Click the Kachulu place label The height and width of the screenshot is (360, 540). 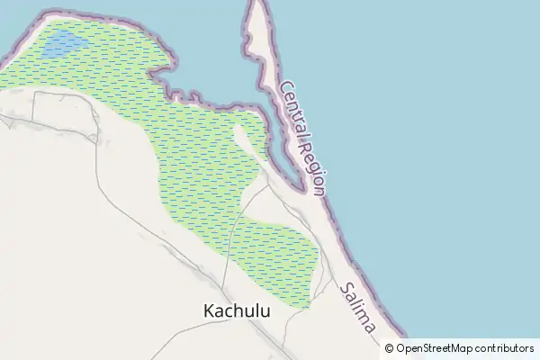click(237, 310)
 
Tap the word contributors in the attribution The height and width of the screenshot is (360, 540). click(505, 348)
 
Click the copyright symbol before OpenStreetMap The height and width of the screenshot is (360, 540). click(390, 348)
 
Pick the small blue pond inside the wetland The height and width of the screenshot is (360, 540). click(66, 42)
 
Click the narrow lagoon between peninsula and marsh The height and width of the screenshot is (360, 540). click(270, 135)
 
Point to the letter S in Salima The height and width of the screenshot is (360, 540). click(346, 290)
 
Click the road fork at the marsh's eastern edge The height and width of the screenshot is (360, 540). click(268, 187)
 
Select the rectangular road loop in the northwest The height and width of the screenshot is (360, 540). click(63, 112)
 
